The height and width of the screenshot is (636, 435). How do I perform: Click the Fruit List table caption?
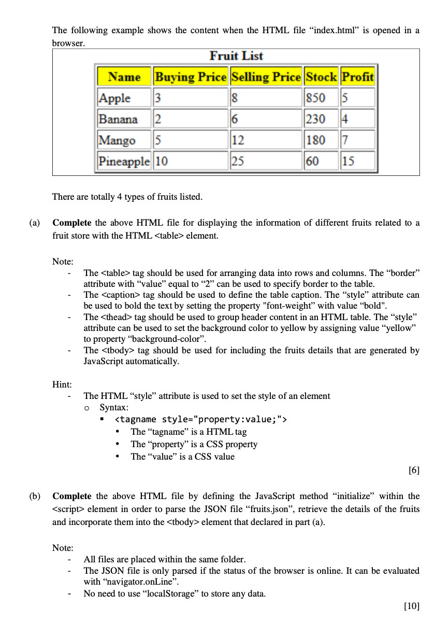236,56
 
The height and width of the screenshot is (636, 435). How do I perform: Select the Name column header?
124,77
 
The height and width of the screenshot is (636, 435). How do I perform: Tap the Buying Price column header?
191,77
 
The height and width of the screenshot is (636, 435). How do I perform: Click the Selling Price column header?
266,77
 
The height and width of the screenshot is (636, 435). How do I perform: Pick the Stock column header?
321,77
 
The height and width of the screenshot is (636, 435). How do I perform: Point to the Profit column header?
358,77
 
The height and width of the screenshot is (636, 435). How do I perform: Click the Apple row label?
115,98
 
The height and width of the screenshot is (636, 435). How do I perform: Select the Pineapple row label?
124,161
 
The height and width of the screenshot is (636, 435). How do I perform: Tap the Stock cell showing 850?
315,98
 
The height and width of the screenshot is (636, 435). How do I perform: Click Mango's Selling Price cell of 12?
238,140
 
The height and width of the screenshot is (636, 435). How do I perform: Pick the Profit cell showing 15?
348,161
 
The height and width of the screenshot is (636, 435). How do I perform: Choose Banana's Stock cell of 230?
315,119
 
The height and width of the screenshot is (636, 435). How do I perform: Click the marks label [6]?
413,471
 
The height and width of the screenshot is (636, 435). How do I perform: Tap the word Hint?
62,384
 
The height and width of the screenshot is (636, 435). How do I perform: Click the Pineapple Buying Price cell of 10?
162,161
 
